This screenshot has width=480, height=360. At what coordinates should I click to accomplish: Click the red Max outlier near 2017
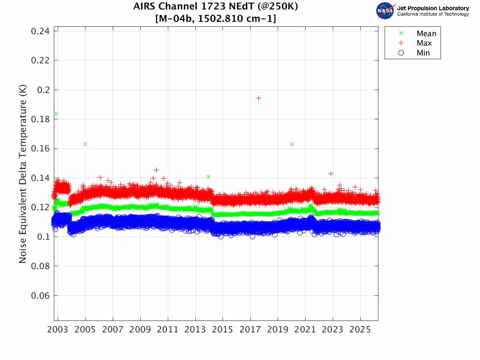[258, 98]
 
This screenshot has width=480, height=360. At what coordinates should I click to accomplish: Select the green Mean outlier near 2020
[292, 144]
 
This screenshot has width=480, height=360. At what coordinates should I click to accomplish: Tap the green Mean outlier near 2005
[85, 144]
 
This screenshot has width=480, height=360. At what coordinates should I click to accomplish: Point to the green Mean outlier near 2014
[208, 177]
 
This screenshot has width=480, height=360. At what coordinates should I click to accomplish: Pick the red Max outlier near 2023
[331, 174]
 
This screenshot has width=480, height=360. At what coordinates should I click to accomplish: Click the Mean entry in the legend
[426, 34]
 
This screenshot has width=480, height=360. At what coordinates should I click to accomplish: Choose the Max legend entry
[424, 43]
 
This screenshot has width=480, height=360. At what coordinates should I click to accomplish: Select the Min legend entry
[423, 53]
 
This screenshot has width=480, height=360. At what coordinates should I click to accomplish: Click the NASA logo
[385, 10]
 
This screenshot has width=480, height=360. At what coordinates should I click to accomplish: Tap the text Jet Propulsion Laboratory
[433, 8]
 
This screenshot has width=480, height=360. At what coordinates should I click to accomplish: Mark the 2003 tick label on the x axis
[58, 330]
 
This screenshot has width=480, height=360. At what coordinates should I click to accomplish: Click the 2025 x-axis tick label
[360, 330]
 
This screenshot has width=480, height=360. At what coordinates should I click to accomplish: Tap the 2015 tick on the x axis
[223, 330]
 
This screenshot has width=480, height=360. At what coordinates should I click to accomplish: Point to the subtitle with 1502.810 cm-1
[216, 19]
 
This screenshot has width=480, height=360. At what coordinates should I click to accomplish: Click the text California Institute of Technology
[433, 14]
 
